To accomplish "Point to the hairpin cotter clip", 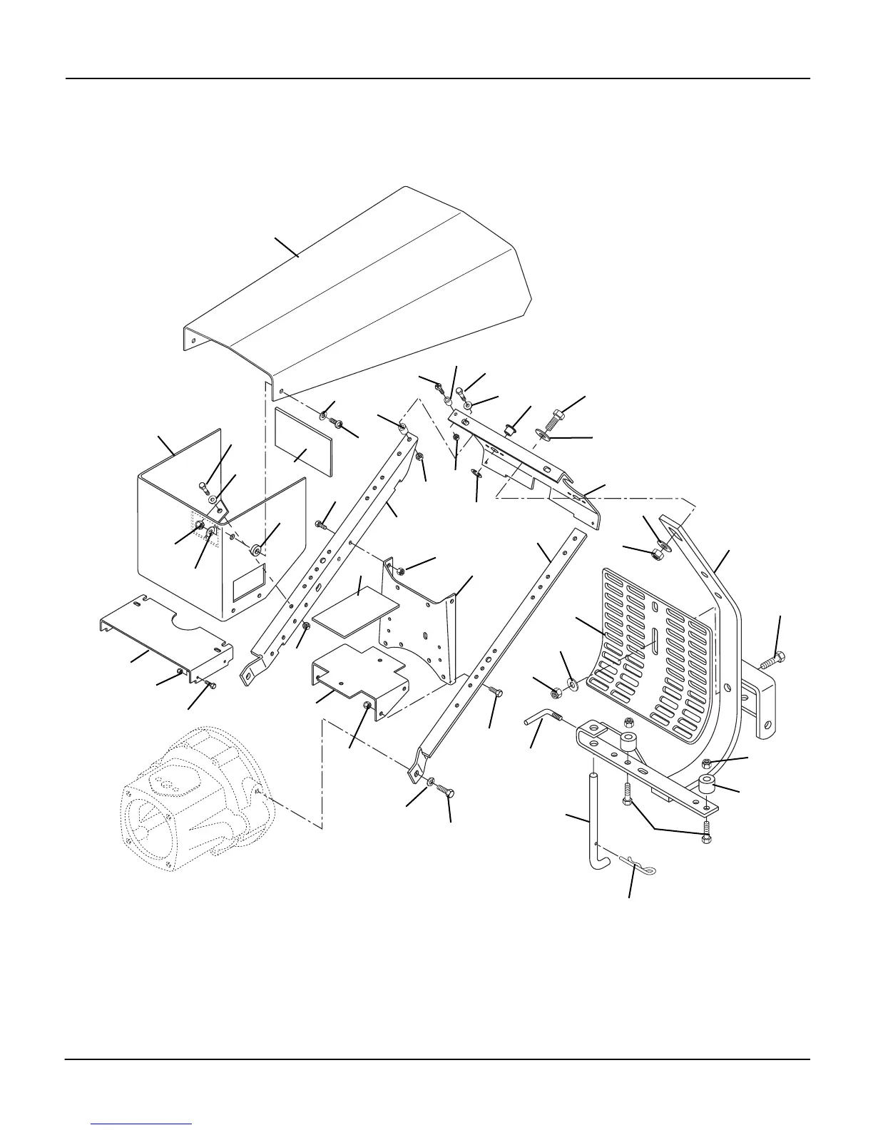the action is point(638,865).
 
